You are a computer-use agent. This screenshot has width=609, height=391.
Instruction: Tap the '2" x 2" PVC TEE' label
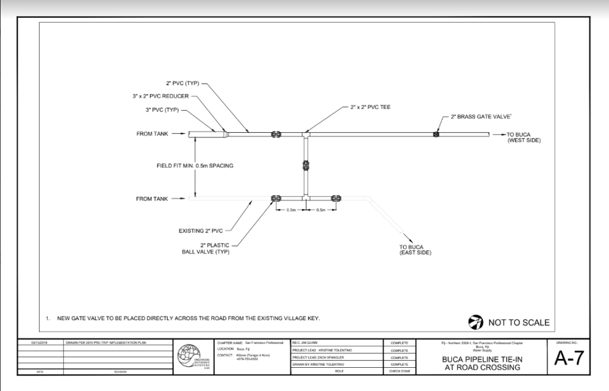[369, 108]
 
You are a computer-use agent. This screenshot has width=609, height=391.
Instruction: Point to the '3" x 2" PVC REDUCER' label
[159, 96]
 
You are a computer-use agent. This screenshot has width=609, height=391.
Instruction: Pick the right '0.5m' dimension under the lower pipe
[321, 210]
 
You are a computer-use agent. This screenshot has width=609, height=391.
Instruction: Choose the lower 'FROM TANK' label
[152, 199]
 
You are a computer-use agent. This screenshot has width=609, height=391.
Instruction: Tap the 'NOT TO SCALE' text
[519, 323]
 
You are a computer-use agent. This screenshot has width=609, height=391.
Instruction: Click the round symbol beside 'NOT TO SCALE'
[475, 323]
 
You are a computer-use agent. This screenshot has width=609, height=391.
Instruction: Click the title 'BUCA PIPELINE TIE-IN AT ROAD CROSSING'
[482, 364]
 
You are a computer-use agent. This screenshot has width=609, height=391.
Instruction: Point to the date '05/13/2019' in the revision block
[39, 343]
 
